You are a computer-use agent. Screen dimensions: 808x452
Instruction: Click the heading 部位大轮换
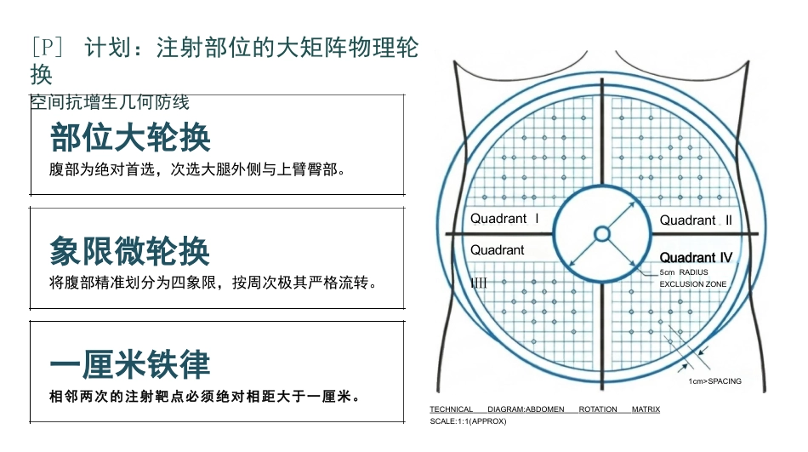pyautogui.click(x=130, y=138)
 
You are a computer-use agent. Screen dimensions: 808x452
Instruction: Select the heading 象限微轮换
pyautogui.click(x=130, y=251)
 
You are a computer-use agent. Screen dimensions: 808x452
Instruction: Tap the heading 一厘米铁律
pyautogui.click(x=130, y=364)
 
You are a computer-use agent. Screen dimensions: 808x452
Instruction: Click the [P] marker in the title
pyautogui.click(x=47, y=48)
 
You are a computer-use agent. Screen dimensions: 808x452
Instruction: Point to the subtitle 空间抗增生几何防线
pyautogui.click(x=110, y=102)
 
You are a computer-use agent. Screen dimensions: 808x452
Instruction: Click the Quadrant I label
pyautogui.click(x=505, y=219)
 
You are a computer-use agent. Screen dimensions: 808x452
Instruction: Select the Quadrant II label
pyautogui.click(x=696, y=220)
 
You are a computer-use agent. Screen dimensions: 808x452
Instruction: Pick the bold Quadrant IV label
pyautogui.click(x=696, y=257)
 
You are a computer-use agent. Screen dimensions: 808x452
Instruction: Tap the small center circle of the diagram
pyautogui.click(x=602, y=234)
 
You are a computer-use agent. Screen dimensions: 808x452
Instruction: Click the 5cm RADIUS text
pyautogui.click(x=684, y=272)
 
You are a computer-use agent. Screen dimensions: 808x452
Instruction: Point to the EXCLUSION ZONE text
pyautogui.click(x=693, y=284)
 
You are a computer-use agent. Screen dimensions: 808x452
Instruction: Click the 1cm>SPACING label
pyautogui.click(x=714, y=381)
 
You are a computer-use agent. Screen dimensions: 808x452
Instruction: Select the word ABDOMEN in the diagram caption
pyautogui.click(x=544, y=409)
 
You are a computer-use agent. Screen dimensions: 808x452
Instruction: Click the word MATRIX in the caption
pyautogui.click(x=646, y=409)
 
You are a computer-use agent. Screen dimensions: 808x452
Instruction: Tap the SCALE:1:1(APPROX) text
pyautogui.click(x=469, y=421)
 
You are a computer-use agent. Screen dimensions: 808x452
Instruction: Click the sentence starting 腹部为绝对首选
pyautogui.click(x=197, y=169)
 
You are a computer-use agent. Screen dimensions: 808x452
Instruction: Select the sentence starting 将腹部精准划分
pyautogui.click(x=213, y=283)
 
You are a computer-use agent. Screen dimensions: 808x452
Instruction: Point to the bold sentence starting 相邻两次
pyautogui.click(x=205, y=397)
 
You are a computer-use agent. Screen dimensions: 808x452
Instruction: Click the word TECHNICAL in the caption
pyautogui.click(x=452, y=409)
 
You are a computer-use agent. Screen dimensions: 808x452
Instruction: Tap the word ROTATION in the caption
pyautogui.click(x=598, y=409)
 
